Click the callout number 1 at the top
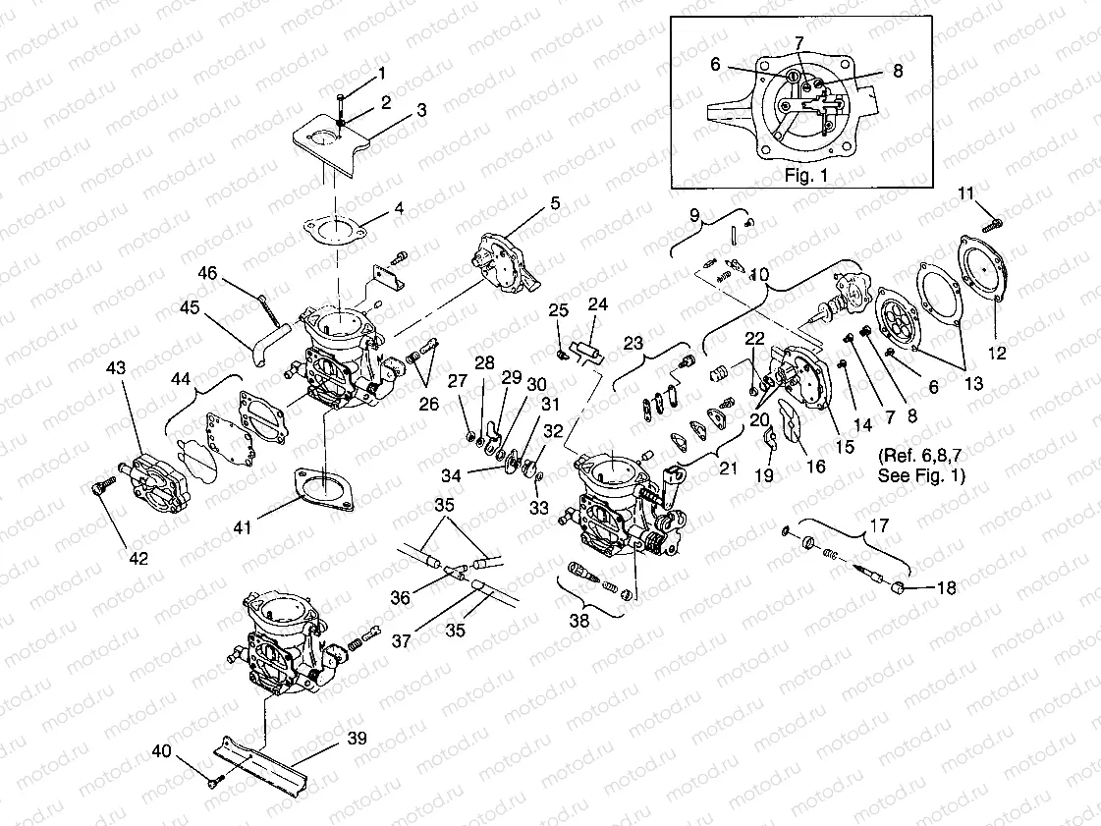click(382, 72)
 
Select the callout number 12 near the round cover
click(997, 354)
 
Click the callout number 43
click(116, 366)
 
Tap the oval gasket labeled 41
click(321, 487)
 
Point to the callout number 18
click(946, 588)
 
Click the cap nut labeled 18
click(900, 587)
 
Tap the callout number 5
click(555, 203)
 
